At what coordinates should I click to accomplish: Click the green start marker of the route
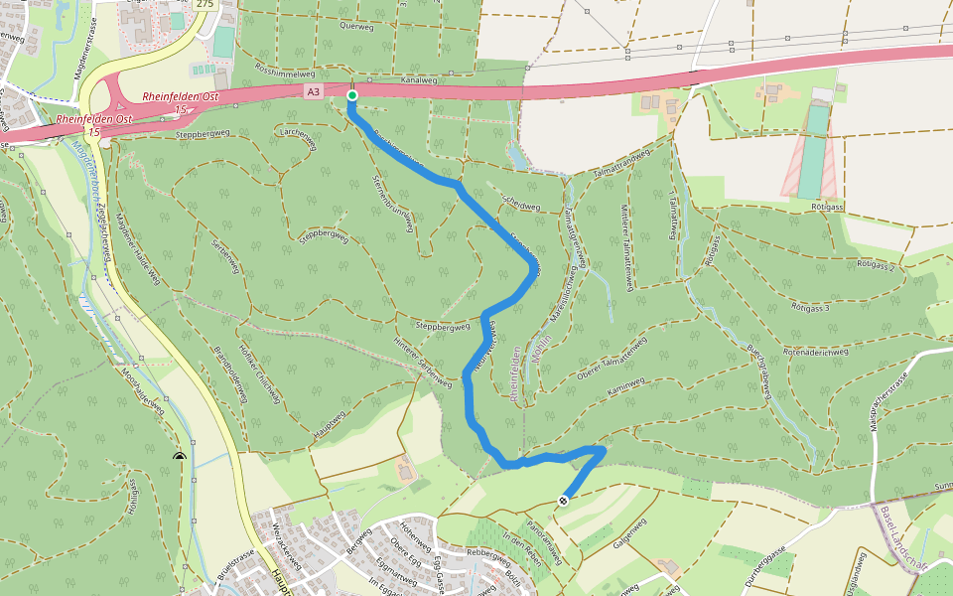pyautogui.click(x=351, y=95)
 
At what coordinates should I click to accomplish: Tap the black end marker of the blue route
pyautogui.click(x=563, y=501)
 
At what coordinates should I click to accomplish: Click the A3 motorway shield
pyautogui.click(x=314, y=91)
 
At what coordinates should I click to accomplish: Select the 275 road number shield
pyautogui.click(x=204, y=4)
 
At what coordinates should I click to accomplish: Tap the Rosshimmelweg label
pyautogui.click(x=285, y=73)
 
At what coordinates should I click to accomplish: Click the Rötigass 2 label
pyautogui.click(x=876, y=265)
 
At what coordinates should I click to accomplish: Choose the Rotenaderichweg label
pyautogui.click(x=815, y=352)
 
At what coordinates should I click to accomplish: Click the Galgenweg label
pyautogui.click(x=623, y=527)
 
